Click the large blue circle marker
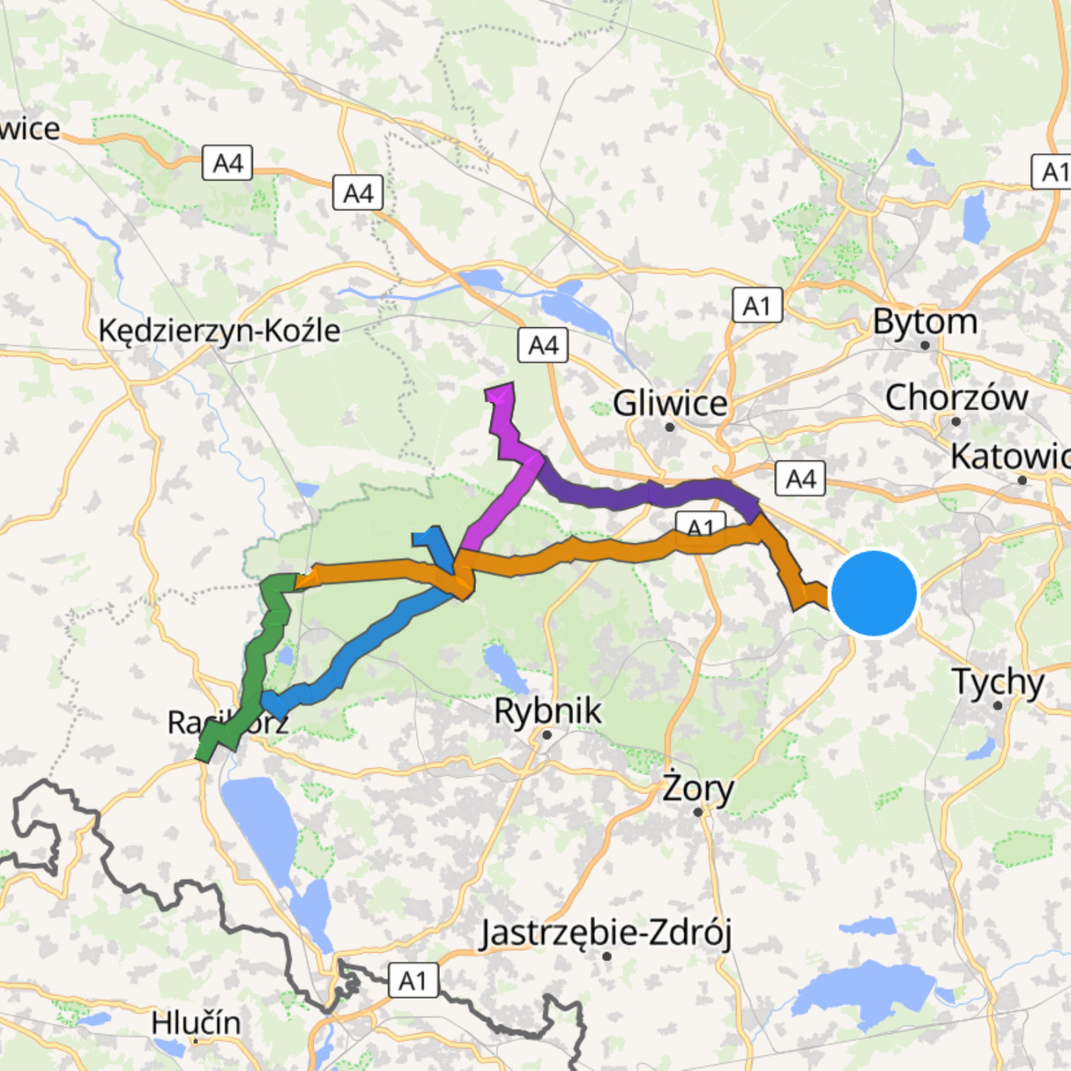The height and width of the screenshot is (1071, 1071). pyautogui.click(x=874, y=594)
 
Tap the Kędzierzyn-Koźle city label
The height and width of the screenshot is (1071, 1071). pyautogui.click(x=220, y=331)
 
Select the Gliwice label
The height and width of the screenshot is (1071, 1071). pyautogui.click(x=670, y=403)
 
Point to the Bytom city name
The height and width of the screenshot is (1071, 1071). pyautogui.click(x=925, y=322)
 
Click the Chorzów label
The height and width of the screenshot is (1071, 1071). pyautogui.click(x=956, y=397)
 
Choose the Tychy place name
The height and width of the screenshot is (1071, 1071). pyautogui.click(x=998, y=681)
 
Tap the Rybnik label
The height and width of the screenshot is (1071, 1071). pyautogui.click(x=548, y=710)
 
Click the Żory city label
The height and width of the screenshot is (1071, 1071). pyautogui.click(x=698, y=788)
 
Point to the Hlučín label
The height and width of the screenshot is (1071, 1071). pyautogui.click(x=195, y=1023)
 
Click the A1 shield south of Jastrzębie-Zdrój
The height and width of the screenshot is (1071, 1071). pyautogui.click(x=413, y=980)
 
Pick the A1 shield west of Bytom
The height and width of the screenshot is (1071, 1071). pyautogui.click(x=757, y=305)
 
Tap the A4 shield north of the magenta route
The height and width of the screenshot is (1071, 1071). pyautogui.click(x=543, y=345)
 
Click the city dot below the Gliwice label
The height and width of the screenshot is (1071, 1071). pyautogui.click(x=669, y=426)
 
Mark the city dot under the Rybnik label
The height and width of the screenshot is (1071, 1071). pyautogui.click(x=546, y=735)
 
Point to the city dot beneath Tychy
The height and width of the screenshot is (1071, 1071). pyautogui.click(x=998, y=705)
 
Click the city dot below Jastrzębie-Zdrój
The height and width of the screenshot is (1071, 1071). pyautogui.click(x=606, y=956)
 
